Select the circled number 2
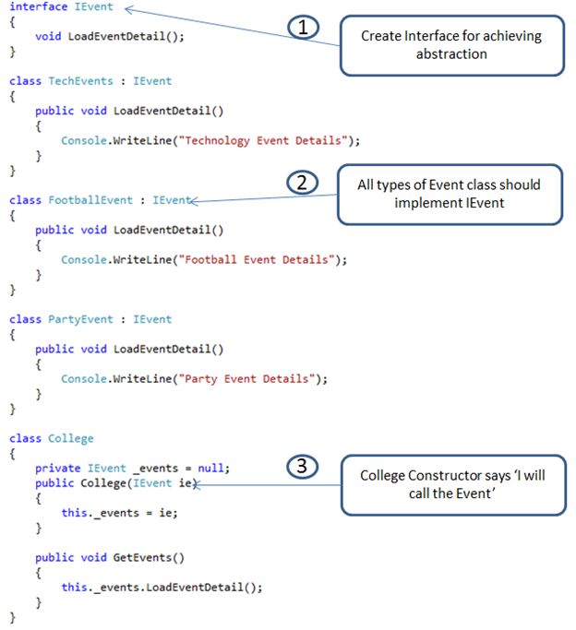pyautogui.click(x=302, y=182)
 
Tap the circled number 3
pyautogui.click(x=302, y=467)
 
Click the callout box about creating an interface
pyautogui.click(x=452, y=44)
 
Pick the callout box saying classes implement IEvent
pyautogui.click(x=450, y=194)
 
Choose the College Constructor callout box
pyautogui.click(x=452, y=484)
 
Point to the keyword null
pyautogui.click(x=213, y=468)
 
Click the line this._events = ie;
pyautogui.click(x=118, y=512)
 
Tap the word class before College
pyautogui.click(x=25, y=438)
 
